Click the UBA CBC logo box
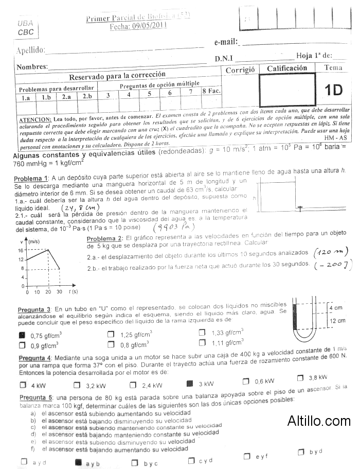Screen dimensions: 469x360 click(x=25, y=28)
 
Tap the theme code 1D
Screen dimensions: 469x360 click(x=333, y=90)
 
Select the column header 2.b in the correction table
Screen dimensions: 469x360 click(x=87, y=96)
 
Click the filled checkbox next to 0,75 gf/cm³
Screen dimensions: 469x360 click(x=22, y=335)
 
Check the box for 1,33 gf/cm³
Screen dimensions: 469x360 click(x=202, y=333)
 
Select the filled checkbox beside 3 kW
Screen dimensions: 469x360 click(x=189, y=384)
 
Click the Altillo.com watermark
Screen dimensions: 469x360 click(x=319, y=420)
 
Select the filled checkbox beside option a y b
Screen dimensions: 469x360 click(x=78, y=462)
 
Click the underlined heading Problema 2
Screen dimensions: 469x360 click(x=104, y=238)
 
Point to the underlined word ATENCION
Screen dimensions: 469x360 click(x=34, y=118)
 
